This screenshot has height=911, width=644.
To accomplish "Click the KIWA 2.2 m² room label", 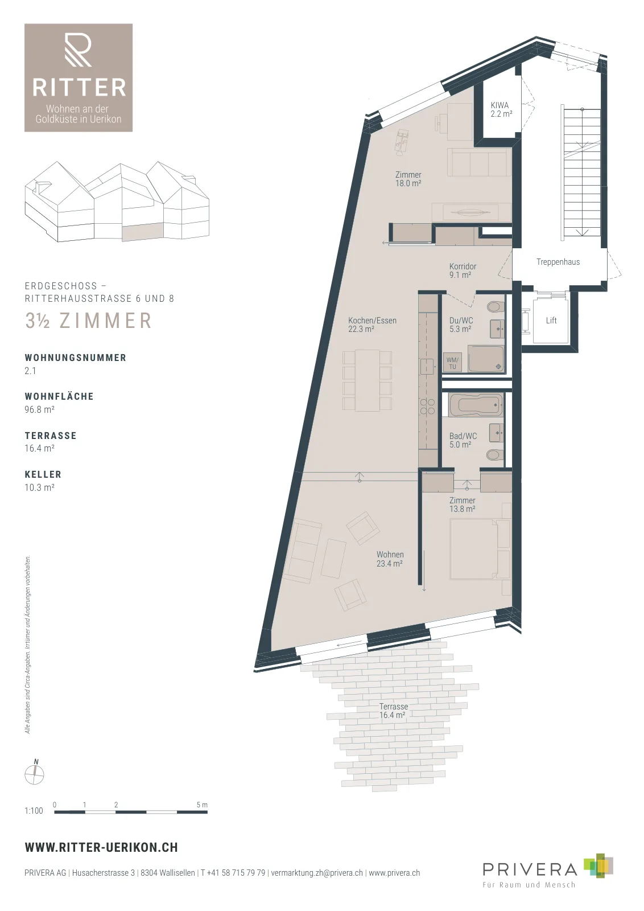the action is coord(501,109).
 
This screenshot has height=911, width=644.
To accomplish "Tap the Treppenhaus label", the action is coord(558,262).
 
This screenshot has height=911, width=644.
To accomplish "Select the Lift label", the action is coord(551,321).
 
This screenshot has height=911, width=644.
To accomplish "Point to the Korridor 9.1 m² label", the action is coord(463,270).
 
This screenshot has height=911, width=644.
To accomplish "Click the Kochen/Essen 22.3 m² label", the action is coord(372,325).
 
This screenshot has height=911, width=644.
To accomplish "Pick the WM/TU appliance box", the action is coord(452,363).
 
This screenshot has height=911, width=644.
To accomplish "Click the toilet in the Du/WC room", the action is coord(495,307).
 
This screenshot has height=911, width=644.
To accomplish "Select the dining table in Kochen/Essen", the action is coord(368,380).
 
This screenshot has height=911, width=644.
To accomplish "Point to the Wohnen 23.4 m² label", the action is coord(390,559).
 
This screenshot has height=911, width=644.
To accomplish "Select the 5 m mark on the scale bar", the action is coord(202,805).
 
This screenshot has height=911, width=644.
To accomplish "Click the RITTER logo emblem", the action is coord(78,50).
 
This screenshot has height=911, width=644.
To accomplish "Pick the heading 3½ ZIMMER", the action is coord(89,321).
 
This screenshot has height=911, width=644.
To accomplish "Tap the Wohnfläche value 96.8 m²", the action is coord(39,409).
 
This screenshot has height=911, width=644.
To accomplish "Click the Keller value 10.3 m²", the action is coord(39,487).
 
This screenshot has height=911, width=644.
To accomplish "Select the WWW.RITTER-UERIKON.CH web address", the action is coord(101,848).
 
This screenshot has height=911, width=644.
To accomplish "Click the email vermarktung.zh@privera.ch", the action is coord(317,873).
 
